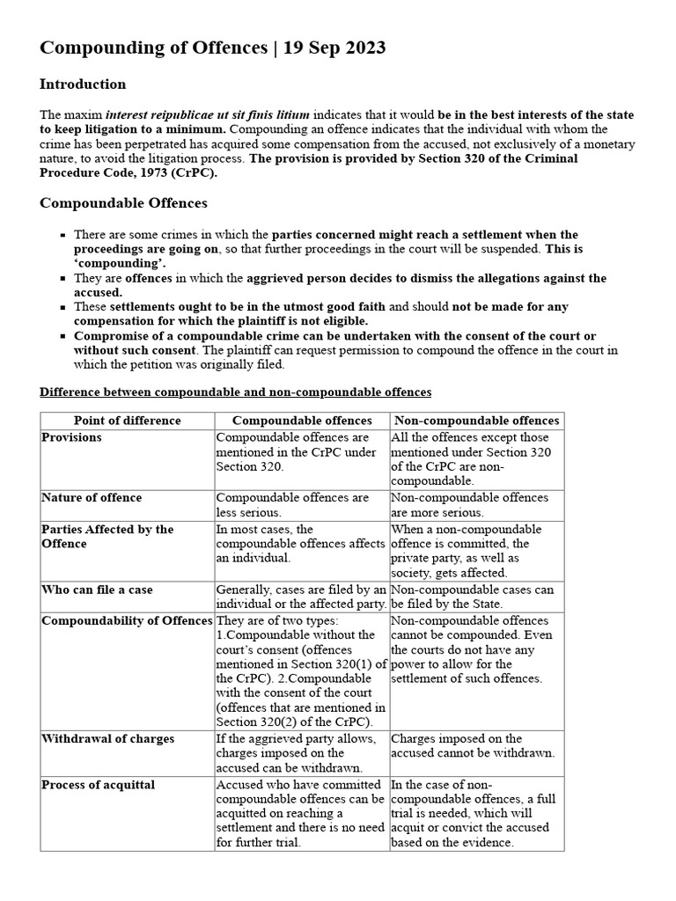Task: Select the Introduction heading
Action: [x=83, y=84]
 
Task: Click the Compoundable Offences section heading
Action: [x=123, y=203]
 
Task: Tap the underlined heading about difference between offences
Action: [x=236, y=391]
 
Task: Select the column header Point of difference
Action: [x=128, y=421]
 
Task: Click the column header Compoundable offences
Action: [x=302, y=421]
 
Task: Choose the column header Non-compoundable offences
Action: [x=476, y=421]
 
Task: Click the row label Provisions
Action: [x=71, y=437]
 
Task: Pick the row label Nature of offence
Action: [x=92, y=497]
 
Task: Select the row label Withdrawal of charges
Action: [x=107, y=738]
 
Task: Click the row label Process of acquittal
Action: [x=98, y=784]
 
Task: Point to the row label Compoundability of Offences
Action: [x=127, y=620]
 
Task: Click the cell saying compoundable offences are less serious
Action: [x=292, y=504]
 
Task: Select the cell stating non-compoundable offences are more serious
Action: [x=468, y=504]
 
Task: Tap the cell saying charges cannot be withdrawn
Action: [x=472, y=745]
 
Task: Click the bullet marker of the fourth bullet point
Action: [x=63, y=336]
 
